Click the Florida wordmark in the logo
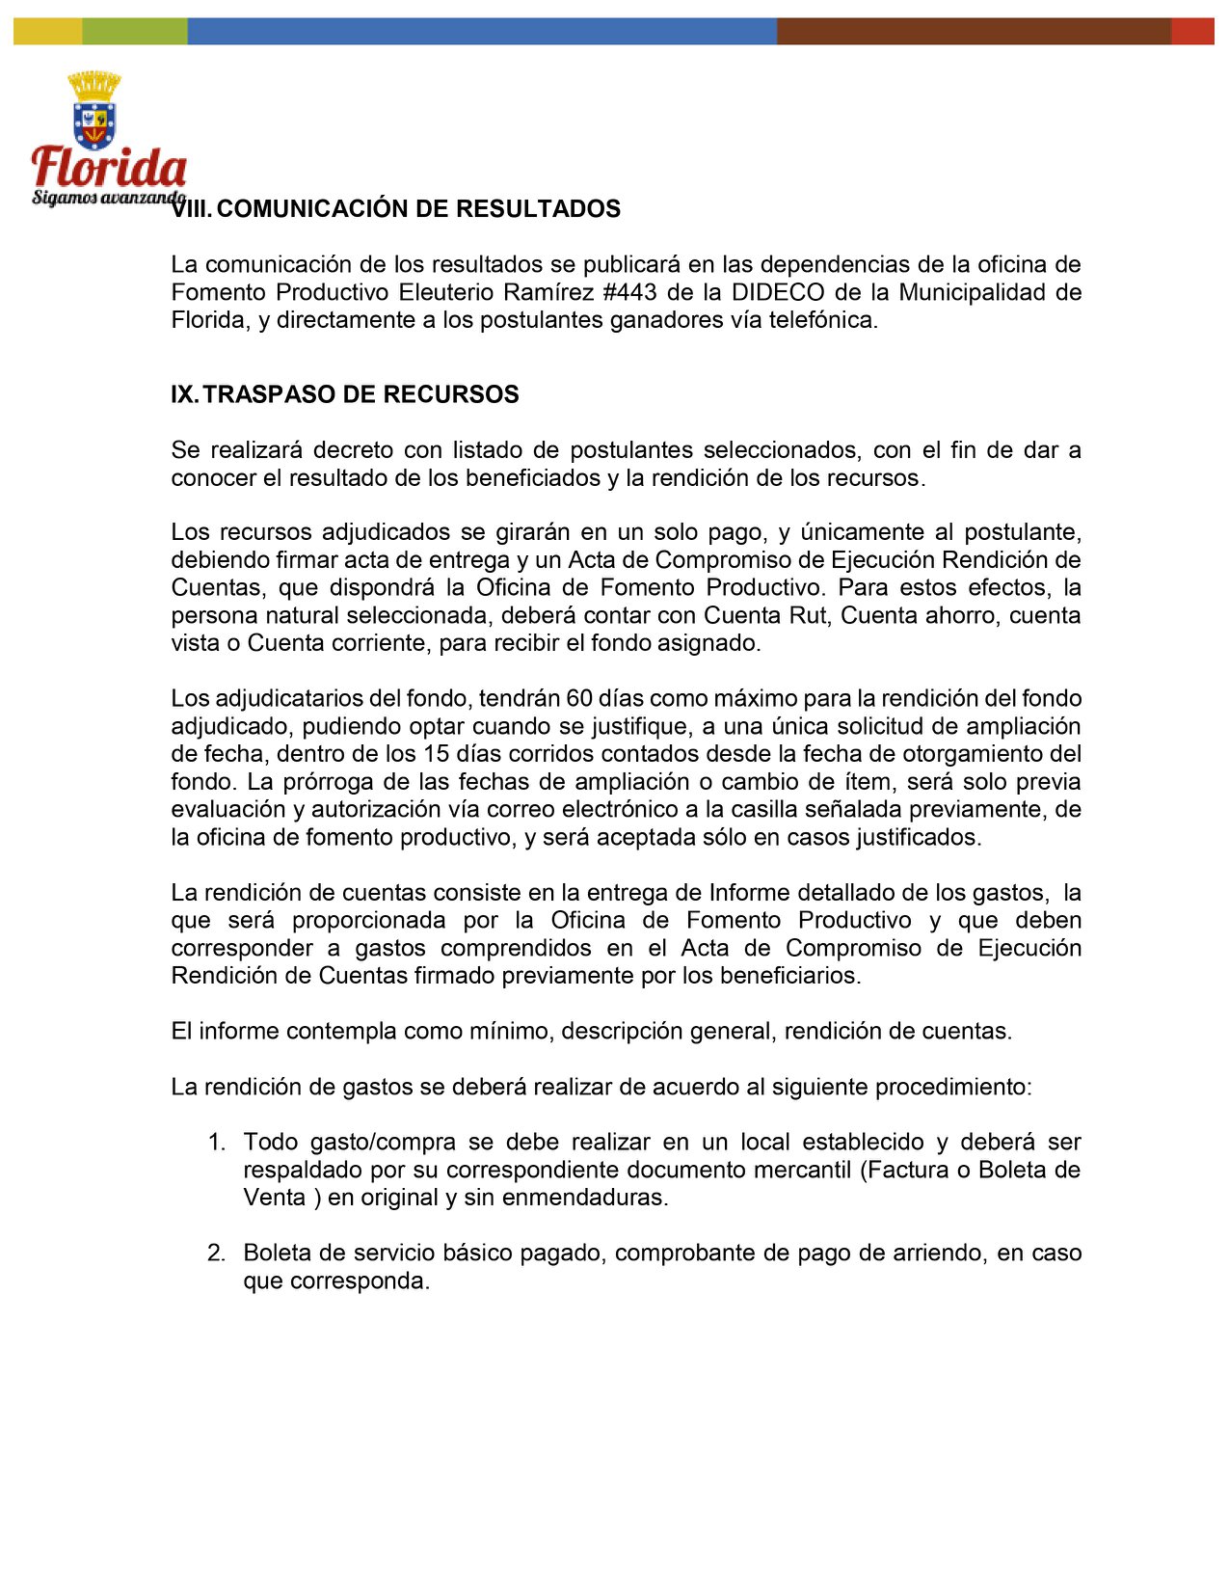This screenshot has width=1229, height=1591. click(x=108, y=168)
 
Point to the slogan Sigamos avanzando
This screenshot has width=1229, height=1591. click(x=106, y=198)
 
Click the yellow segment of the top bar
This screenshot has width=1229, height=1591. click(x=47, y=31)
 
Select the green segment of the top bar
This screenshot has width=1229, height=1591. click(x=134, y=31)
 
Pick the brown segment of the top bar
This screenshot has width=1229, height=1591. click(x=974, y=31)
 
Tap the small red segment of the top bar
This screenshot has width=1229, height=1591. click(x=1192, y=31)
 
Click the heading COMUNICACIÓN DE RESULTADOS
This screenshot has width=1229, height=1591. click(x=419, y=209)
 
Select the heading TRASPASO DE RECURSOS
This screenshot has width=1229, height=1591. click(x=361, y=394)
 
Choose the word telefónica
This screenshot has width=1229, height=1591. click(x=821, y=320)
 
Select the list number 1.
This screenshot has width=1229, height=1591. click(x=216, y=1143)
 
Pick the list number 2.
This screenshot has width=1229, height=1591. click(x=216, y=1254)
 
